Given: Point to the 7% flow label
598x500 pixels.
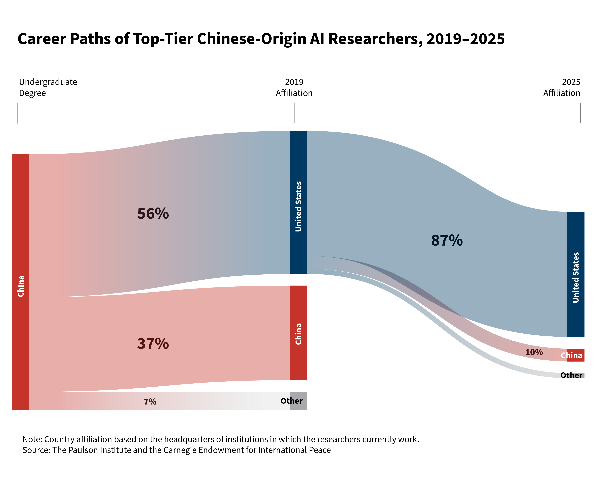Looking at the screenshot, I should click(x=150, y=402).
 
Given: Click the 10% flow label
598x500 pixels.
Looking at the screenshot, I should click(x=534, y=352).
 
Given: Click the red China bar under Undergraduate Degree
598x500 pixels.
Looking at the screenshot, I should click(x=21, y=282).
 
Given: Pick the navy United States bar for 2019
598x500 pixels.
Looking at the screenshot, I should click(x=298, y=202).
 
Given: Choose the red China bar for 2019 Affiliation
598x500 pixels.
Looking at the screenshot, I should click(x=298, y=333).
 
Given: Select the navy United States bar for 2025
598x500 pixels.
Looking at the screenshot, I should click(x=576, y=274).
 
